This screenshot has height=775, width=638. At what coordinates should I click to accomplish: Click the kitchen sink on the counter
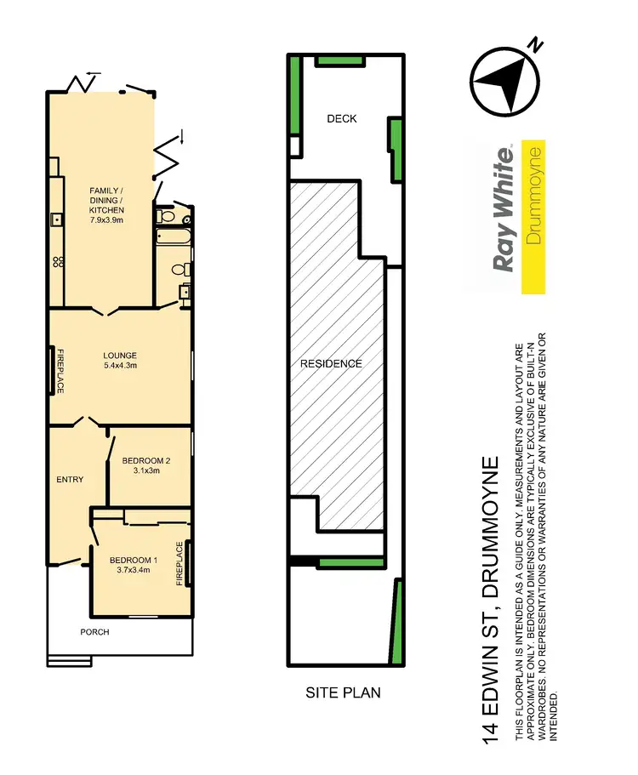pyautogui.click(x=58, y=219)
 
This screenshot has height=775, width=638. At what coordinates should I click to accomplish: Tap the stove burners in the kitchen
pyautogui.click(x=58, y=260)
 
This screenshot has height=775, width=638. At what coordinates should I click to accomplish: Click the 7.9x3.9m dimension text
pyautogui.click(x=107, y=219)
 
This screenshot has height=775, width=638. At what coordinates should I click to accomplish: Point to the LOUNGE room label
pyautogui.click(x=120, y=356)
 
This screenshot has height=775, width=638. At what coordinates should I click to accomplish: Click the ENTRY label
pyautogui.click(x=70, y=480)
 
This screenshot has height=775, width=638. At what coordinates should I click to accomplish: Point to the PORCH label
pyautogui.click(x=94, y=632)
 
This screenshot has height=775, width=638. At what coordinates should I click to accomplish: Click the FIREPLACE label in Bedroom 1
pyautogui.click(x=179, y=564)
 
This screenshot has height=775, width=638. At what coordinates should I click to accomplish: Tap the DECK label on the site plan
pyautogui.click(x=342, y=119)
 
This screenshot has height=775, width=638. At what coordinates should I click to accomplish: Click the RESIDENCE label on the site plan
pyautogui.click(x=331, y=363)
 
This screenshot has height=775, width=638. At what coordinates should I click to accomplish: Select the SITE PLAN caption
pyautogui.click(x=343, y=692)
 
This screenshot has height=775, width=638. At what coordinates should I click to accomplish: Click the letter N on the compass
pyautogui.click(x=534, y=44)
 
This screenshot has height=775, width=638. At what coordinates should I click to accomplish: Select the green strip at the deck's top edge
pyautogui.click(x=340, y=60)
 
